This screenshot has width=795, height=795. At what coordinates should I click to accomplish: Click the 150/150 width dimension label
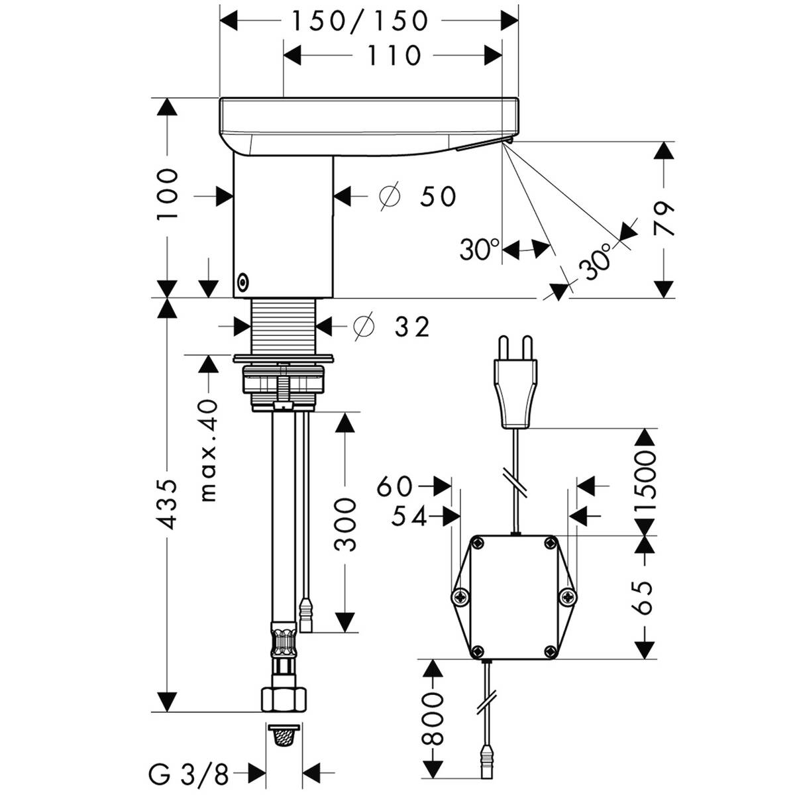pyautogui.click(x=359, y=21)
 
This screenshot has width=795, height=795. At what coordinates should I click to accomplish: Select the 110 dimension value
pyautogui.click(x=394, y=55)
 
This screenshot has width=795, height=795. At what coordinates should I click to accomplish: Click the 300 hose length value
pyautogui.click(x=344, y=524)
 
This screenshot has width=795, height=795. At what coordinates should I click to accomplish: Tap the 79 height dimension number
pyautogui.click(x=663, y=219)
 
